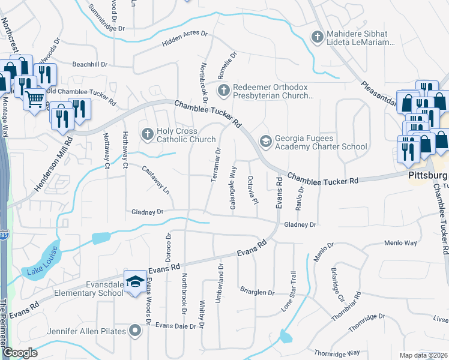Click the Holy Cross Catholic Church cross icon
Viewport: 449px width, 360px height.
[146, 133]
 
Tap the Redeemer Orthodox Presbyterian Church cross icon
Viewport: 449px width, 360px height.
[223, 91]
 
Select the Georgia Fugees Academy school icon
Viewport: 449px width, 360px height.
[265, 140]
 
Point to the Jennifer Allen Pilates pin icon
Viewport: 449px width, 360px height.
[136, 331]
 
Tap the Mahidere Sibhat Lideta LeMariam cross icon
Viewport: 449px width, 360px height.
[318, 37]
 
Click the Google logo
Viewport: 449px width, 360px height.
[20, 352]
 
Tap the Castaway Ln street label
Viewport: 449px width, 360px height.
[155, 179]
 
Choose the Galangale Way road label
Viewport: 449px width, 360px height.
[232, 188]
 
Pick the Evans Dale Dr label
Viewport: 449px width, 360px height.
[176, 326]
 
